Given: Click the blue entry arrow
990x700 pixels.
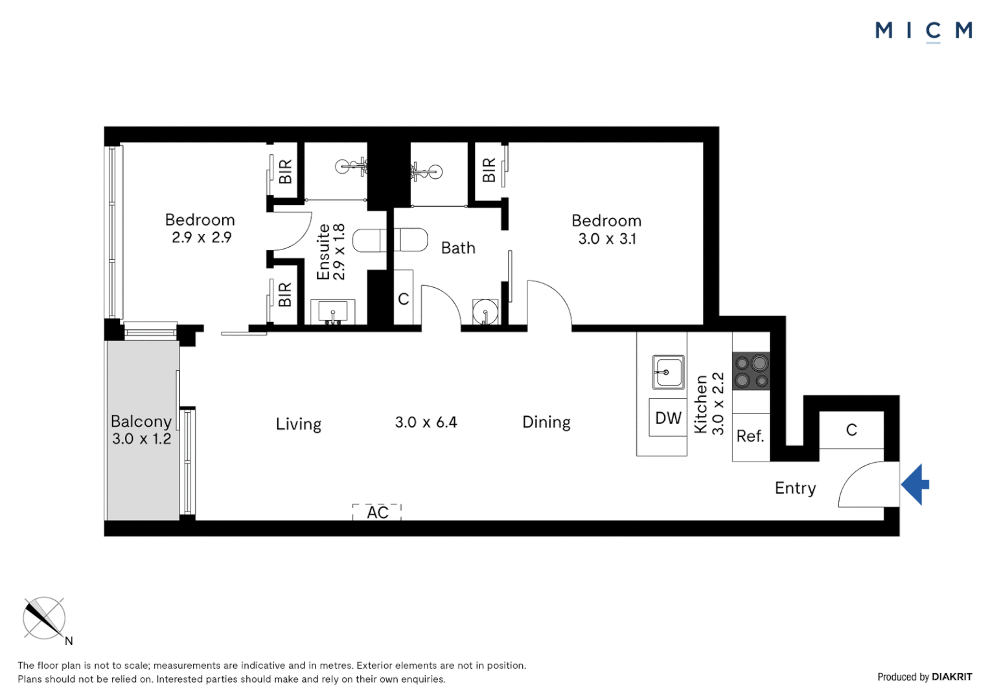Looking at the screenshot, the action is [x=914, y=485].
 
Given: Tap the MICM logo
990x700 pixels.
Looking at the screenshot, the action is [x=924, y=31].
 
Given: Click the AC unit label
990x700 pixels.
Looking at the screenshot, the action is [x=378, y=513].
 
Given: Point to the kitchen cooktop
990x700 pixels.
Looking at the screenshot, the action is [x=751, y=371].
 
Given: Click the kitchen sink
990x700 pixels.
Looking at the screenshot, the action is [x=668, y=372].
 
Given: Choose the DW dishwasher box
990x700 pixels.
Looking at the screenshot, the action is [x=668, y=417].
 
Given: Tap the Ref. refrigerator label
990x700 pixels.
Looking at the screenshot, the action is [x=750, y=436].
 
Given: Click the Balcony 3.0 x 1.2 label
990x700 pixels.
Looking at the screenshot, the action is [x=141, y=430].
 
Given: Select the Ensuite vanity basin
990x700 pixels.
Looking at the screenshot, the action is [x=333, y=311].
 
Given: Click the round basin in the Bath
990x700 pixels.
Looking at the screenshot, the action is [x=485, y=311].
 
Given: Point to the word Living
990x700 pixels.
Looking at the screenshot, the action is [x=298, y=424].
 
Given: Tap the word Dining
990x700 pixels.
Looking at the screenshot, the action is [x=546, y=423].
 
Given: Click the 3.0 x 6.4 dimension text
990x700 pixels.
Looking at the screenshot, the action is [x=426, y=423].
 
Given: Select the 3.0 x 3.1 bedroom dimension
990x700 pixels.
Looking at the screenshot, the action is [x=607, y=239].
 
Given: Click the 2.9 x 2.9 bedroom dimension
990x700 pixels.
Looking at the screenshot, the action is [x=201, y=237].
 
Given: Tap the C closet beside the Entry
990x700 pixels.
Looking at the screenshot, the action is [x=851, y=430].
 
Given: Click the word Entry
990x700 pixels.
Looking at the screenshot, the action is [x=795, y=488].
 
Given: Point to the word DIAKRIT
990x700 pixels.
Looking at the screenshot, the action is [x=952, y=677].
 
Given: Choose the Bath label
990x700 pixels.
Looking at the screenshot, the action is [x=458, y=248].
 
